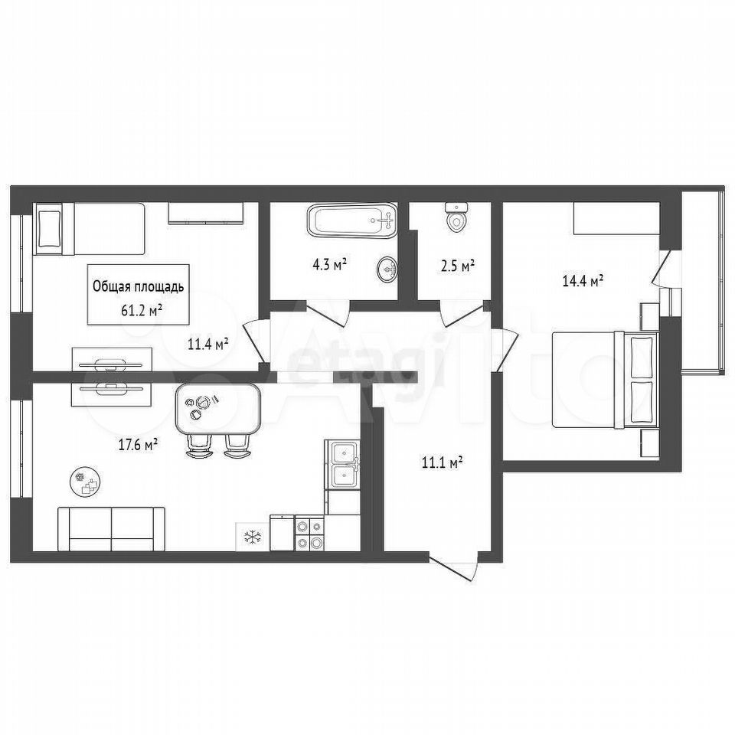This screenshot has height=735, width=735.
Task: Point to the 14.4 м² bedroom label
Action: click(582, 281)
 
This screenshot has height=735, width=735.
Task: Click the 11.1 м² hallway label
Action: click(443, 463)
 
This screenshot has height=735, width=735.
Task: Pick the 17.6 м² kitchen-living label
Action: click(137, 444)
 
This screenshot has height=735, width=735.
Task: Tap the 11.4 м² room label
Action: click(208, 345)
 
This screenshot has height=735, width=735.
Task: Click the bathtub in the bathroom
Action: click(351, 222)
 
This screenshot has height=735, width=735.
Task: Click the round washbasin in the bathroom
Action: click(387, 269)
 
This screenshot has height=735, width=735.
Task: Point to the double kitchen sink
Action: click(343, 465)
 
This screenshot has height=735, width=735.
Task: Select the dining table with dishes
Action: click(217, 409)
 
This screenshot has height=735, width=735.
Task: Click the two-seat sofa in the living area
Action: click(111, 529)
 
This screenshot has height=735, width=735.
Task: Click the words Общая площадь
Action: click(139, 287)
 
